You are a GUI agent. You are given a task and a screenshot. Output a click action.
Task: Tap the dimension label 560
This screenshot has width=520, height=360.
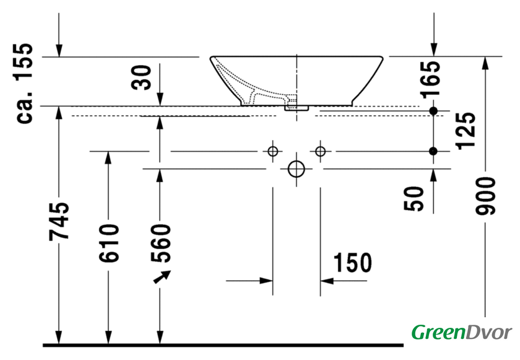(160, 243)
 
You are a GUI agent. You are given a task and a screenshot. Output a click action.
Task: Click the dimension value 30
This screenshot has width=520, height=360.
(143, 77)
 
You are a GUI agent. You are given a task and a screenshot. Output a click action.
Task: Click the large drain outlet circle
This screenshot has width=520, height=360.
(297, 169)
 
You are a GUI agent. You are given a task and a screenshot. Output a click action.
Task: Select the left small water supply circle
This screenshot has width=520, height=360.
(272, 151)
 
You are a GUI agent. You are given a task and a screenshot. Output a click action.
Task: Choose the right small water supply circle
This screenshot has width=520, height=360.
(320, 151)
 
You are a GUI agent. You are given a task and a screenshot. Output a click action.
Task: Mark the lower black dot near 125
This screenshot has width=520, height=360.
(433, 151)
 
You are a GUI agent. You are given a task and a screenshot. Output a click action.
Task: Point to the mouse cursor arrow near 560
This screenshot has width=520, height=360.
(162, 276)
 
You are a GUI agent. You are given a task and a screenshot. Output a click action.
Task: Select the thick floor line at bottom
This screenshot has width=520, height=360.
(223, 344)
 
